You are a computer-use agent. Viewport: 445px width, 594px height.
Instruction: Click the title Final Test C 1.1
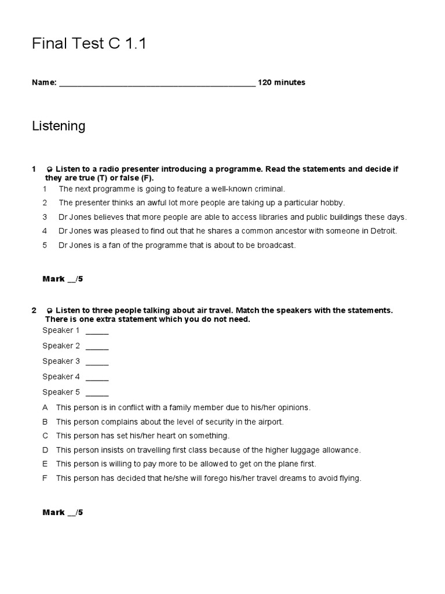tap(89, 44)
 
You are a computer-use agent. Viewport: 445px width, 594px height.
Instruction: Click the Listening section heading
tap(59, 126)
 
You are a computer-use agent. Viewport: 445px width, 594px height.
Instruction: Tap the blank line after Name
tap(157, 83)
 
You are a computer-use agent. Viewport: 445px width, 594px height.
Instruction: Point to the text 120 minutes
tap(282, 82)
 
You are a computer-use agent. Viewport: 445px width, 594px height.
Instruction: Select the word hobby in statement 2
tap(333, 203)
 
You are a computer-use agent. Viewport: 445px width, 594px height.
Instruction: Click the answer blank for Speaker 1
tap(97, 331)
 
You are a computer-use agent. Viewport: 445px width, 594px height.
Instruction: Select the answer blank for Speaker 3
tap(97, 362)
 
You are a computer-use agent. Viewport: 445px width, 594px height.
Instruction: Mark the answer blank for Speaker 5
tap(97, 393)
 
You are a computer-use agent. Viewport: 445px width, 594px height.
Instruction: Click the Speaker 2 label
tap(61, 346)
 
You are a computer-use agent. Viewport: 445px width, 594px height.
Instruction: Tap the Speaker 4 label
tap(61, 376)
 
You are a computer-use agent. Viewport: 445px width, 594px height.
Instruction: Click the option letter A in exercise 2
tap(45, 408)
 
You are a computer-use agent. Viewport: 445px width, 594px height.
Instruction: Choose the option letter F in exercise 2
tap(45, 479)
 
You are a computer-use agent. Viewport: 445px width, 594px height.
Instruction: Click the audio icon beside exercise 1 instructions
tap(50, 169)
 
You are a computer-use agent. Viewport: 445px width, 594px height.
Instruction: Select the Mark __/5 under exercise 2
tap(63, 513)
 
